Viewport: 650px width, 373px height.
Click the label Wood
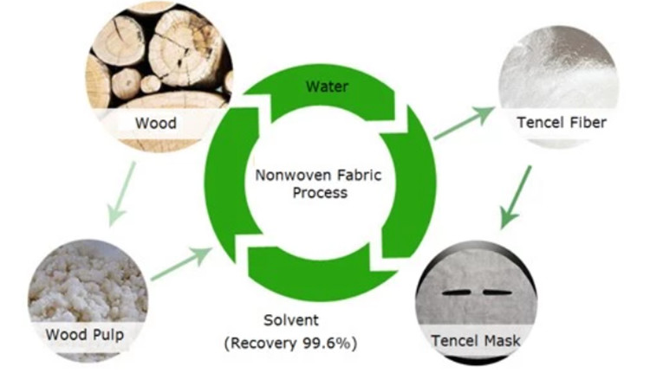155,123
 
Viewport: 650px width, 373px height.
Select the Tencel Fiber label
562,123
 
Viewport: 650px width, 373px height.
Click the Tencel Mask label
476,340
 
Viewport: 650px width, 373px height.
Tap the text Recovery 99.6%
290,343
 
